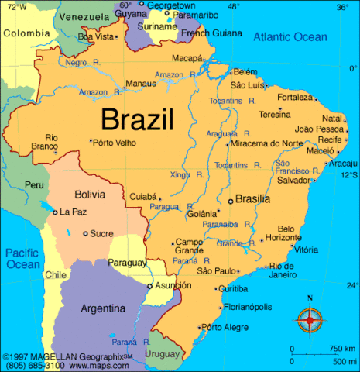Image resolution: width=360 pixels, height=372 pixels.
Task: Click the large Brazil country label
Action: (138, 120)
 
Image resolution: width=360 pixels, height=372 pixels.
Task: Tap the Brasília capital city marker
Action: (230, 201)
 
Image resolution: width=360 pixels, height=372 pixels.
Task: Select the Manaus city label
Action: (140, 83)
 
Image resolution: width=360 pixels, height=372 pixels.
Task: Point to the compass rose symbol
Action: (310, 317)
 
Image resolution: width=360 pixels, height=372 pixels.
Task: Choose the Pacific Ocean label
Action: (23, 258)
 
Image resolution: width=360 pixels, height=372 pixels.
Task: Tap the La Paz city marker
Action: (54, 212)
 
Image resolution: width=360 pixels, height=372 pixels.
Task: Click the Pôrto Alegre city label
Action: (225, 327)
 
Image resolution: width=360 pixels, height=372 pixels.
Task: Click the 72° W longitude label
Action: (13, 6)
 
